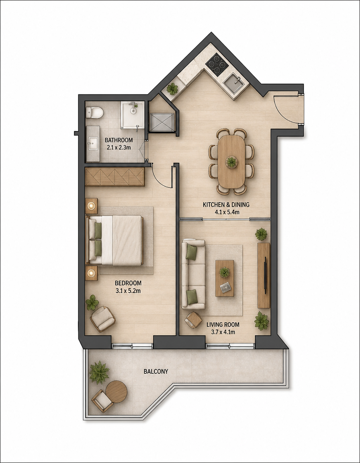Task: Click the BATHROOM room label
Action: point(119,140)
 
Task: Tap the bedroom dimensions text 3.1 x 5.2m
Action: point(128,291)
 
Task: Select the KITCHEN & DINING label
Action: point(226,204)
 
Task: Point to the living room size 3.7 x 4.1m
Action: point(223,332)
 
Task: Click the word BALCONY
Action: point(156,371)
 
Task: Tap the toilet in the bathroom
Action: point(94,113)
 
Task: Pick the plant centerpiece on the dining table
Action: point(231,162)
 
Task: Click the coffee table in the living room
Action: point(225,278)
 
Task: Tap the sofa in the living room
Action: point(193,275)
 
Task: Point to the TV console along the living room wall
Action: point(264,275)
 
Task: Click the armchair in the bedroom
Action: point(102,319)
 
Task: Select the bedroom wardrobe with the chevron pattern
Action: point(115,177)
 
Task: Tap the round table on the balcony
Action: point(116,392)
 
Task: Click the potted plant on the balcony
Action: point(99,372)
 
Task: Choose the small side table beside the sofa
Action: point(193,320)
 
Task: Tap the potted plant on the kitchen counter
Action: point(172,88)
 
